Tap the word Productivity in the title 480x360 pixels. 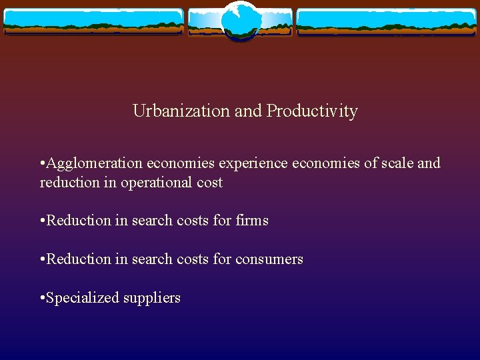[312, 111]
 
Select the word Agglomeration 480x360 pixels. [94, 163]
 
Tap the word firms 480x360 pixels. [252, 220]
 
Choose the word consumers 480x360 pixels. [269, 259]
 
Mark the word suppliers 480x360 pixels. [152, 298]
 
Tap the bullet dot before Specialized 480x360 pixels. [43, 297]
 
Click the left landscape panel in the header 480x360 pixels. [93, 21]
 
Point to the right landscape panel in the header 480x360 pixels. [387, 21]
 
